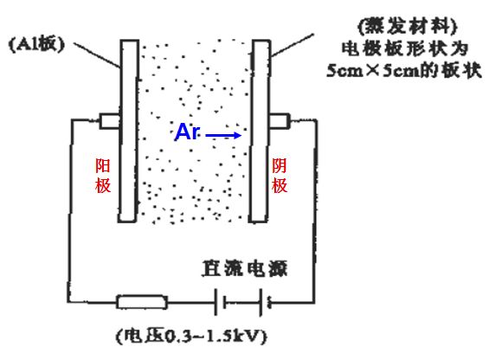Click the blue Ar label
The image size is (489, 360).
187,132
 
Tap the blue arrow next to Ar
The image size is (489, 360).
223,135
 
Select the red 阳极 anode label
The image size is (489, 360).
103,176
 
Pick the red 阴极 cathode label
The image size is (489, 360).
279,176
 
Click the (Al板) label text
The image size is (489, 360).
37,44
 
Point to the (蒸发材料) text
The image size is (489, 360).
407,26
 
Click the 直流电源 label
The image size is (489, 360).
244,268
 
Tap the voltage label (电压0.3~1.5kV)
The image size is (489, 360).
191,336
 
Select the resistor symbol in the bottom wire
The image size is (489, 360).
142,302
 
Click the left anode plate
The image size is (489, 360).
128,131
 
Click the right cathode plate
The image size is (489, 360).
260,131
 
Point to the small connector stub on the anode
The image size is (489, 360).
109,121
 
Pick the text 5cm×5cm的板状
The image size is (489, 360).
404,70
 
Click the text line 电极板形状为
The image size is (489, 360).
405,48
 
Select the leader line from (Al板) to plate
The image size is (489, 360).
97,55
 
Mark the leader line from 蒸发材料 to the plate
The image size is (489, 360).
292,45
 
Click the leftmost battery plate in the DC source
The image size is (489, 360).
216,302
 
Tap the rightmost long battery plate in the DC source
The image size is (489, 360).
261,302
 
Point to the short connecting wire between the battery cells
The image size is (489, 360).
242,302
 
